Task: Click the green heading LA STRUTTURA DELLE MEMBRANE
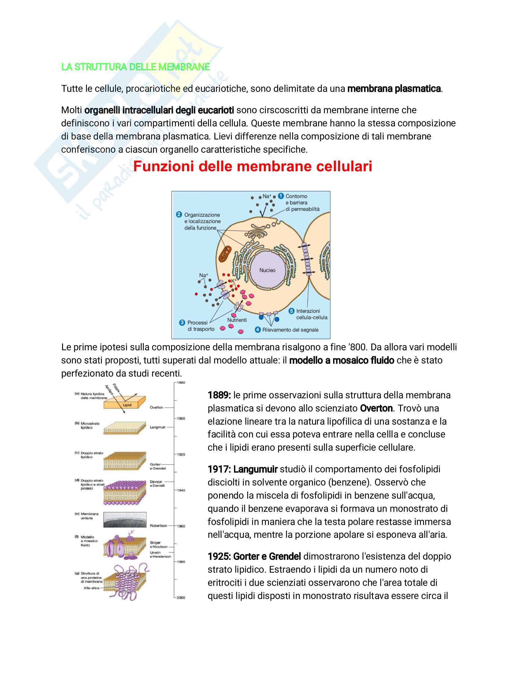[136, 67]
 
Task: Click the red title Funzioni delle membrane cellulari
[253, 166]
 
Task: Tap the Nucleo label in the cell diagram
[267, 270]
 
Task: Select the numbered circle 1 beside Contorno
[280, 196]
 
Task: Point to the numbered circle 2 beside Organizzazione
[179, 214]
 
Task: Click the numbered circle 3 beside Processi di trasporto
[182, 322]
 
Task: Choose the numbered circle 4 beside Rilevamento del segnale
[258, 329]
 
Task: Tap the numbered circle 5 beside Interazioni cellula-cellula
[291, 311]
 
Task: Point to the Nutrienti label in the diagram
[237, 320]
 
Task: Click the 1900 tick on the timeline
[181, 418]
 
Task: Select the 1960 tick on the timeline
[181, 526]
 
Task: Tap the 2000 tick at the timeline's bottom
[181, 597]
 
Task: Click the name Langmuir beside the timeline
[158, 427]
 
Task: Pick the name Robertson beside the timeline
[158, 525]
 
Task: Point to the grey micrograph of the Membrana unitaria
[125, 520]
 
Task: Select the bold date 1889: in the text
[219, 395]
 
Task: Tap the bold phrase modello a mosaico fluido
[341, 360]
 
